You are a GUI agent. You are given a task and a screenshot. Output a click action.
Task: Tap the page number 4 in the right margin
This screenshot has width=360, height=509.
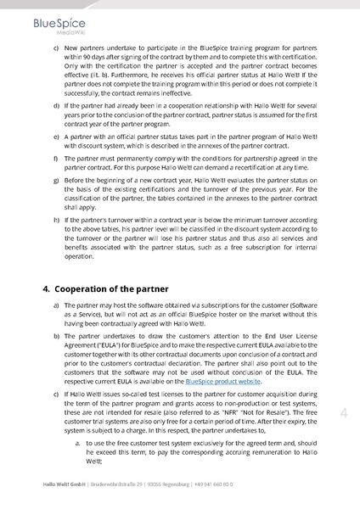[x=345, y=412]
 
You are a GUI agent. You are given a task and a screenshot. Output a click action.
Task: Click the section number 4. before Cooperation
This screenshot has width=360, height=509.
[x=47, y=288]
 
